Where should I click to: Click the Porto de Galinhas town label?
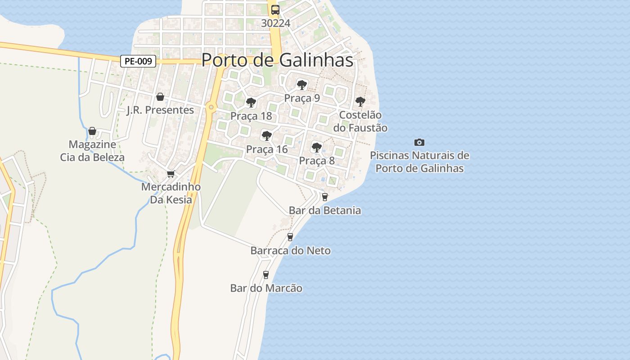click(277, 60)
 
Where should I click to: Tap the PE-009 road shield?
click(138, 61)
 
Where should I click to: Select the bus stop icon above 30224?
click(275, 9)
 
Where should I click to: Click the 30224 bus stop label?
click(275, 23)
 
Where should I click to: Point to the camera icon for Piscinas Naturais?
click(419, 142)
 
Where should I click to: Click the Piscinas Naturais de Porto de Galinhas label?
click(419, 162)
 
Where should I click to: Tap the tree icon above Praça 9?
click(301, 85)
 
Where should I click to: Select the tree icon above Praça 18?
click(251, 103)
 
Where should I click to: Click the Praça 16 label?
click(266, 149)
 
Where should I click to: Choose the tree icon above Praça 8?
click(317, 147)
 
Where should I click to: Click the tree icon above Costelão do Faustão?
click(360, 101)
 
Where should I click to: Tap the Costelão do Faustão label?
click(360, 121)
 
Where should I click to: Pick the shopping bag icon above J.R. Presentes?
click(160, 97)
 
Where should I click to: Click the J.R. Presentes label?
click(160, 110)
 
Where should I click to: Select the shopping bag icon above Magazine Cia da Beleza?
click(92, 131)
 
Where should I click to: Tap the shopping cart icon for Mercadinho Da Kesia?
click(171, 174)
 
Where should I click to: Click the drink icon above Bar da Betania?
click(324, 197)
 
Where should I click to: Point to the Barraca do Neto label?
click(290, 251)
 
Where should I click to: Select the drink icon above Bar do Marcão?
click(266, 274)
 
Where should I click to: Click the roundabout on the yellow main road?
click(211, 107)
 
